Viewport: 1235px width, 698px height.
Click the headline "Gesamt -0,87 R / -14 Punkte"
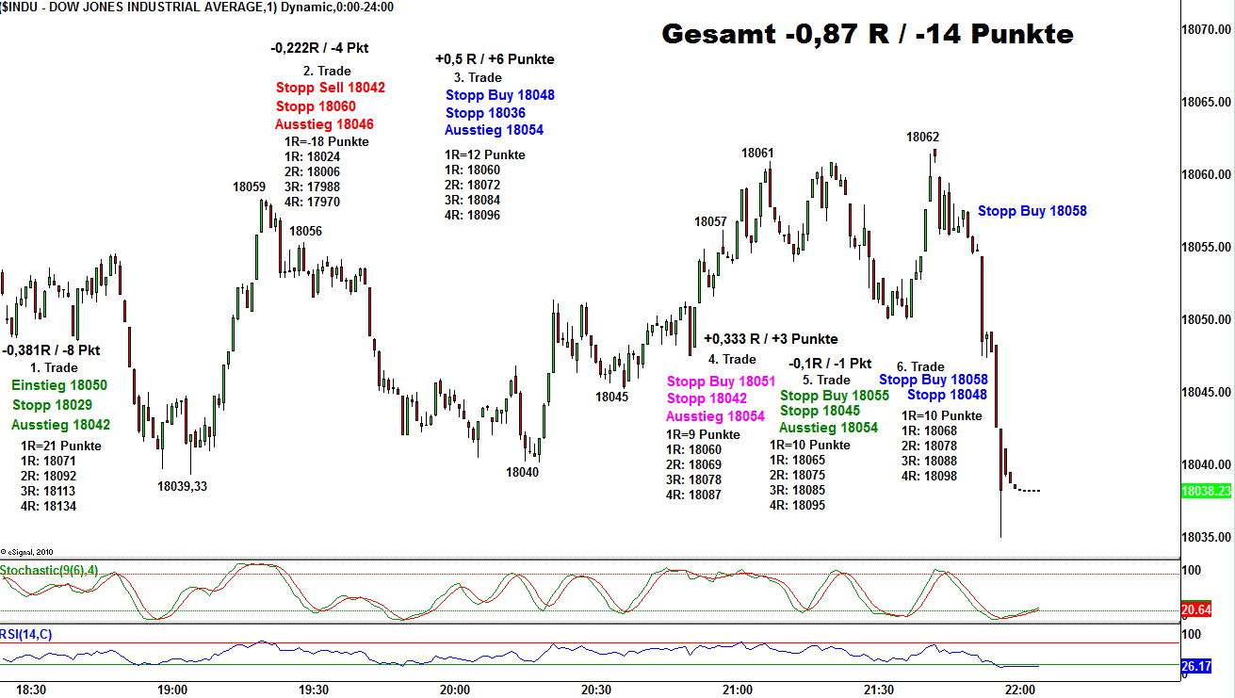(867, 34)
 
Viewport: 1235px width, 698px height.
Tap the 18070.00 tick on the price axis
(1207, 30)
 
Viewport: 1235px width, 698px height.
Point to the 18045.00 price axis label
(1207, 392)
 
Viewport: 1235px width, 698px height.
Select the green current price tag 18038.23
(1207, 491)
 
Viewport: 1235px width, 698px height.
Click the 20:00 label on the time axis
(455, 690)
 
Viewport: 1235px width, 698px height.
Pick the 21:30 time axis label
(879, 690)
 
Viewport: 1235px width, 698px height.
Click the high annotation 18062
(922, 137)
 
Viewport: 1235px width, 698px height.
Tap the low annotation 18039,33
(183, 486)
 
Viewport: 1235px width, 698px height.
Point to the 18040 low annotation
(522, 472)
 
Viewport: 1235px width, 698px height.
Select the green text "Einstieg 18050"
(59, 385)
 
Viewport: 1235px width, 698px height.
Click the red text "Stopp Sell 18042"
(330, 88)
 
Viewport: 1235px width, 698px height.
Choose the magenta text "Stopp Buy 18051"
(721, 381)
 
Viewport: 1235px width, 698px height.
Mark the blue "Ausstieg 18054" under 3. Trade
(494, 130)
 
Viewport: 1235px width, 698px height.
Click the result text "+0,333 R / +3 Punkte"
(770, 339)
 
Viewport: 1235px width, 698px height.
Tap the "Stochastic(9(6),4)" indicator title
(49, 570)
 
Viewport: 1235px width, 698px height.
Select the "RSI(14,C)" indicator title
(26, 634)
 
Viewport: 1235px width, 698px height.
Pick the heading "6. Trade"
(919, 366)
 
